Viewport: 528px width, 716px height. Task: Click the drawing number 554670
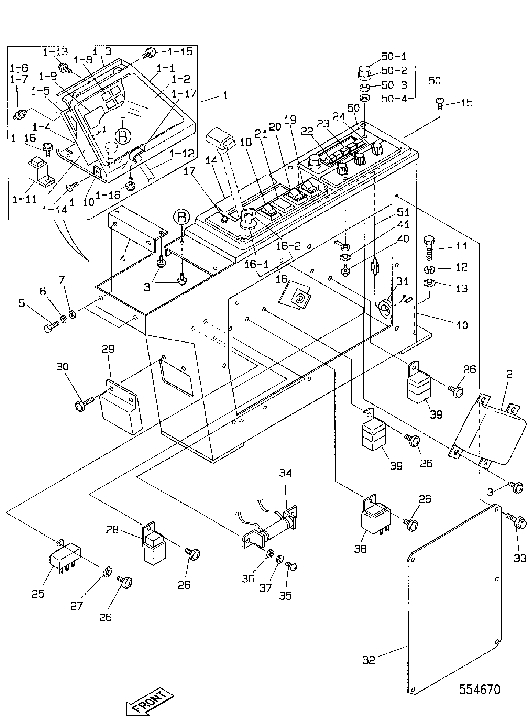tap(480, 690)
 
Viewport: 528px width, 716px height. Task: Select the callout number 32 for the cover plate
tap(369, 660)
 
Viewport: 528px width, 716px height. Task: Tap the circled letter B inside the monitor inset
tap(123, 136)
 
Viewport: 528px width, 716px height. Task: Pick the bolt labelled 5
tap(51, 327)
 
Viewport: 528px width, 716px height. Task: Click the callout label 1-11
tap(25, 199)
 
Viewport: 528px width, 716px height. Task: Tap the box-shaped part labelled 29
tap(121, 406)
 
